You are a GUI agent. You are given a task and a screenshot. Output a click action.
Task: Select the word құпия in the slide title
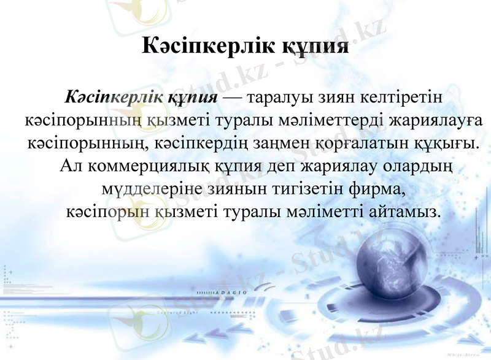(315, 47)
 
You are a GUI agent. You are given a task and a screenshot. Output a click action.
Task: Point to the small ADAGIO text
(232, 293)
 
